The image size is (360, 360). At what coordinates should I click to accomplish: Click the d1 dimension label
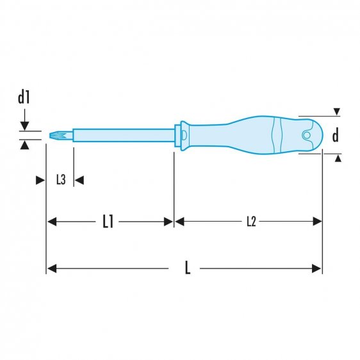24,98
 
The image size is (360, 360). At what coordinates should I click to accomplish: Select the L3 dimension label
60,180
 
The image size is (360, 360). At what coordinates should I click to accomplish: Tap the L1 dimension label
108,222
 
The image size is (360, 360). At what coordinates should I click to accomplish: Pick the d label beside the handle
335,135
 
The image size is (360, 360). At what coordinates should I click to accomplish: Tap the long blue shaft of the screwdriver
122,135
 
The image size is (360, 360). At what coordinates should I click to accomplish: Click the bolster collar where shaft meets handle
182,135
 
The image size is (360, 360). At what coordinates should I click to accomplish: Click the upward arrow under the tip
24,145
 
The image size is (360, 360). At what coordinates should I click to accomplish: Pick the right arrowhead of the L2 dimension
316,222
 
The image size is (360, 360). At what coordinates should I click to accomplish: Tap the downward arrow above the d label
336,112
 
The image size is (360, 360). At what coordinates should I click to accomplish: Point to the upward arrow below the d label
336,158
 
